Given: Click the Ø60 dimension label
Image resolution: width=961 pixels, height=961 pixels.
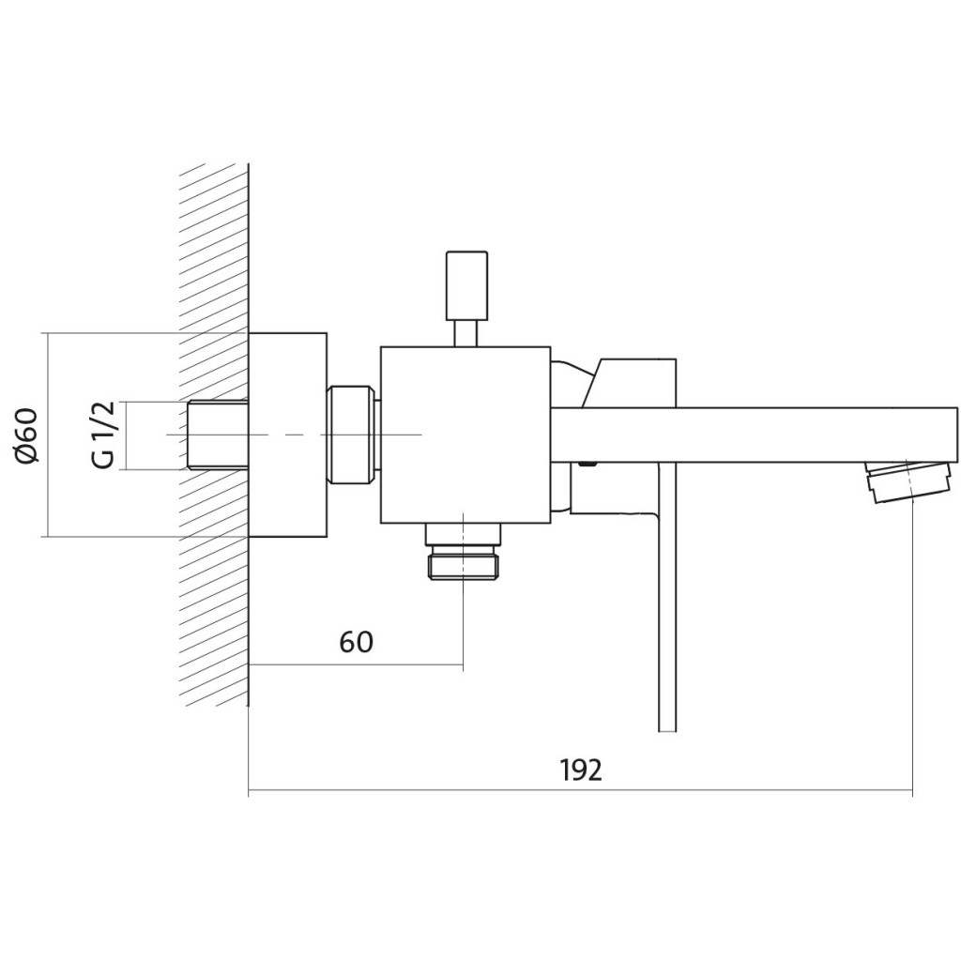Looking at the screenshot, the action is [27, 435].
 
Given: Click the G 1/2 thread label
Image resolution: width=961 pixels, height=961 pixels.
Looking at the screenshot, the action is [104, 435].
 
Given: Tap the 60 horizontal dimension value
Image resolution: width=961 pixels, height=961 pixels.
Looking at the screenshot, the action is [356, 642].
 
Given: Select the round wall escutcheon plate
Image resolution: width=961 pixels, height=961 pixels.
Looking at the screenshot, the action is [287, 435].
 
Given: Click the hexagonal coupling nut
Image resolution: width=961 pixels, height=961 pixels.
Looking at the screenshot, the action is [351, 435].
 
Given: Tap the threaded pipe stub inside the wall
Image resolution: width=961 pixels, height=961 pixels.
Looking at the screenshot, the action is [217, 435].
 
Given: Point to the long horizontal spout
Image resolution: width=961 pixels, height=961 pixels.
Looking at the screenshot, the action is [754, 435].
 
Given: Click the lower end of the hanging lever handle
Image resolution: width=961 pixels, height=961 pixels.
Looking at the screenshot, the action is [667, 731].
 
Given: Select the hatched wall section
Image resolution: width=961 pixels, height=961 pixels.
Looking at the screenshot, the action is [215, 435].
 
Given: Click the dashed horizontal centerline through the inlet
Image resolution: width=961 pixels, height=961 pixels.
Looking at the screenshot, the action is [294, 435].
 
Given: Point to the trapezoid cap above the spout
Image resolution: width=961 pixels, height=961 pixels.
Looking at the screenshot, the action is [630, 383].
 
